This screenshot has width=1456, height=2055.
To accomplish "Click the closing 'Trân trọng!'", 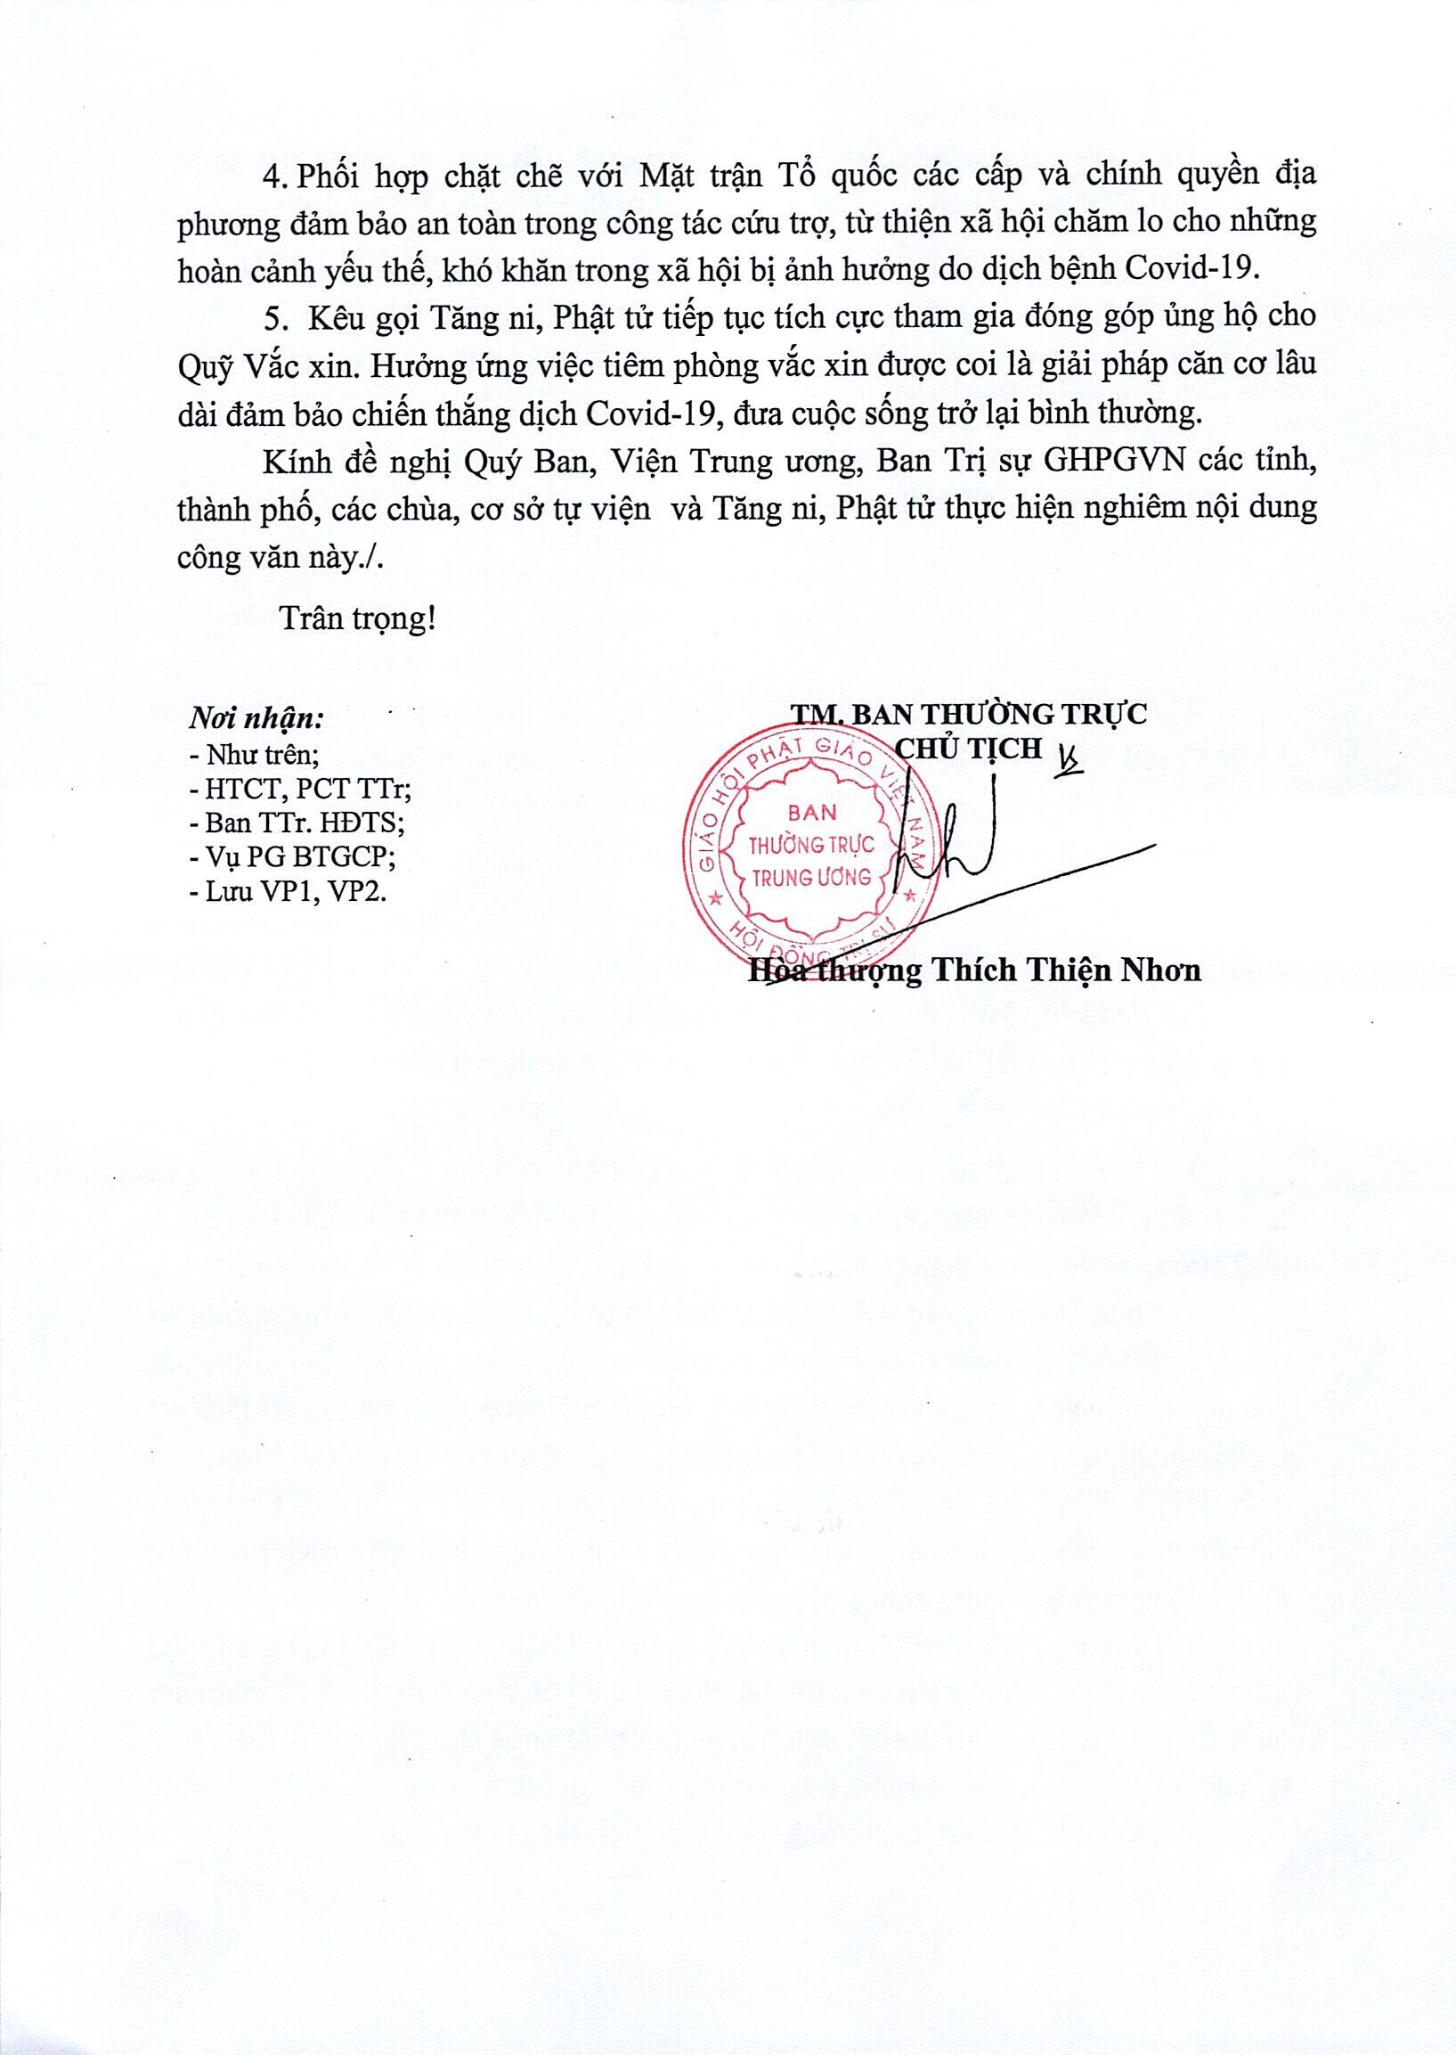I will point(358,619).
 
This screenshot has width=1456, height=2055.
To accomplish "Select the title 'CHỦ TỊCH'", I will point(969,747).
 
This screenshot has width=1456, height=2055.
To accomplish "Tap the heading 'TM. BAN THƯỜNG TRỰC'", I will point(968,714).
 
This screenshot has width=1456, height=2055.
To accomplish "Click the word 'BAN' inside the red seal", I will point(811,813).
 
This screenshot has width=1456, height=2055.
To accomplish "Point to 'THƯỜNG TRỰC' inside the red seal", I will point(811,845).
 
